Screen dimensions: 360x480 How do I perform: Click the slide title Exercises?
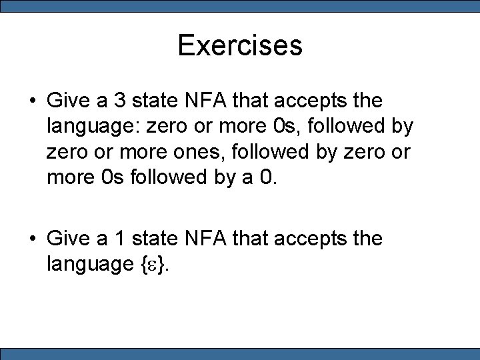point(240,46)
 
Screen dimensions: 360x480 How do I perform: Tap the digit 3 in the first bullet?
point(121,101)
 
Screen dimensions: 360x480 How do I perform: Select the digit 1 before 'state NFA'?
point(121,238)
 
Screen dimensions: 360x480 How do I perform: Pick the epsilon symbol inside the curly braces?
point(154,264)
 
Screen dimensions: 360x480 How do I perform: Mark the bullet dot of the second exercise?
point(32,239)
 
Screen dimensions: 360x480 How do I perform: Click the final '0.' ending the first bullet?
point(265,177)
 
